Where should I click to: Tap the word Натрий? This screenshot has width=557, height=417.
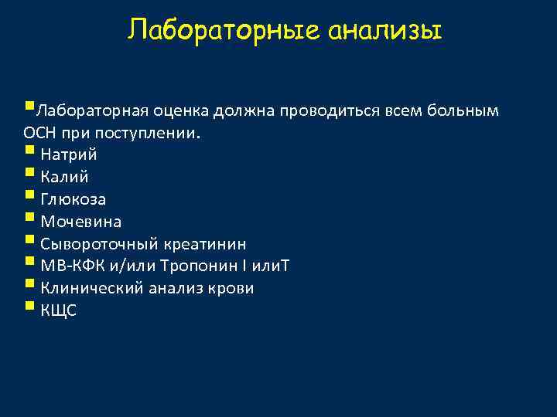[69, 154]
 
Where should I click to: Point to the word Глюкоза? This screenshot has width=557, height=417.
[73, 199]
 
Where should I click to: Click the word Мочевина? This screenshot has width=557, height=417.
[80, 222]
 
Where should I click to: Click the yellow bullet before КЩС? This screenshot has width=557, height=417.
[29, 308]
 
